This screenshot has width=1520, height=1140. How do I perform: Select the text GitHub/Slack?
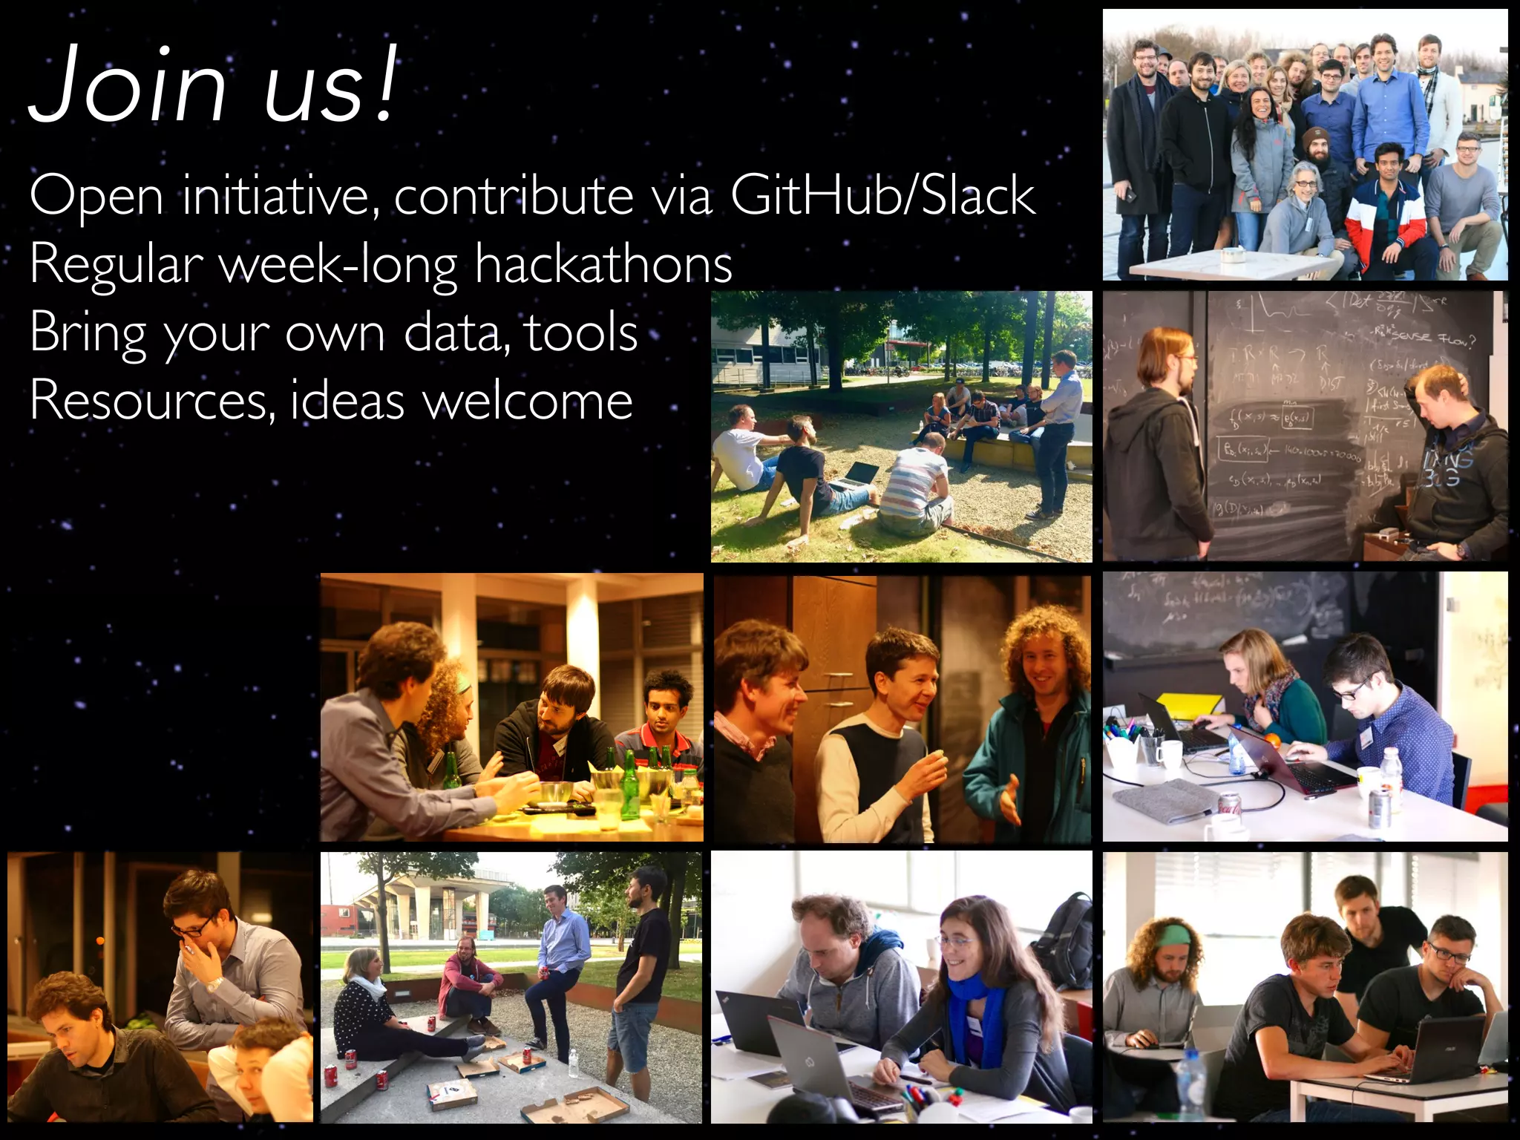pos(882,195)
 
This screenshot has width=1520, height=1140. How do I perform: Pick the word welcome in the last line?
pos(528,401)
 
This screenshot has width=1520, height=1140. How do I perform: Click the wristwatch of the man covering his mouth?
pos(214,984)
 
